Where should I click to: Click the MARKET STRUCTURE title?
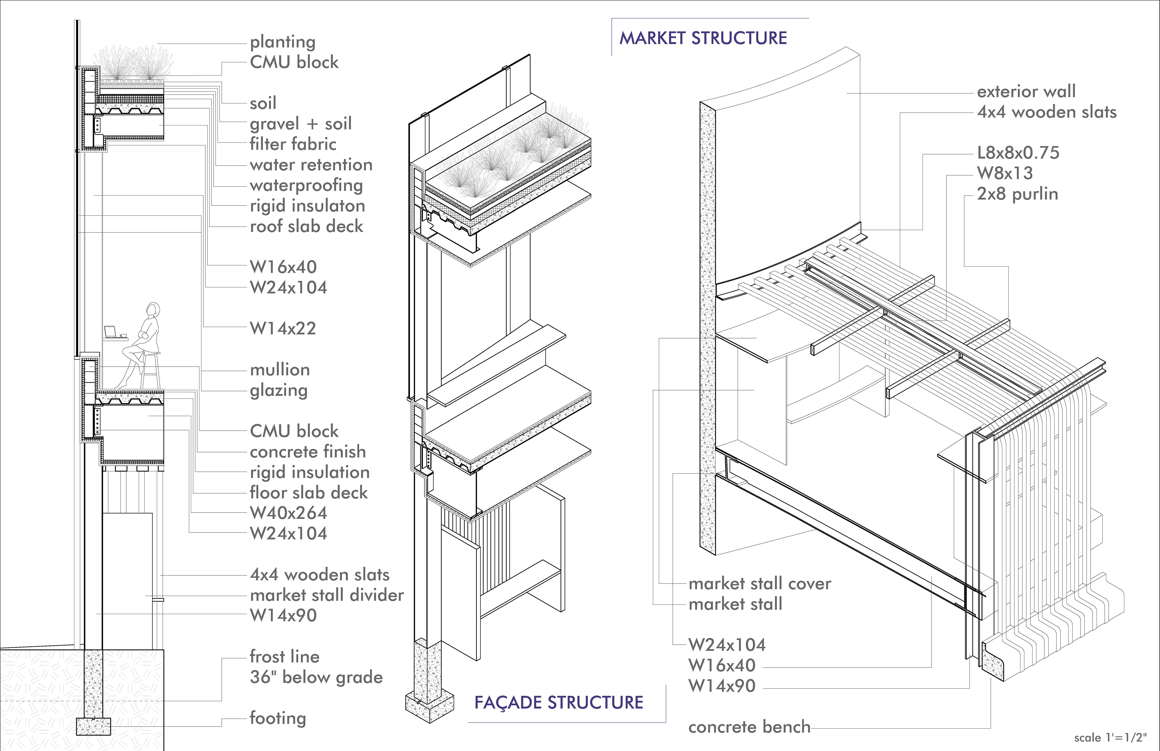click(x=703, y=38)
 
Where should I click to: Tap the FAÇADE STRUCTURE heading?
click(x=559, y=703)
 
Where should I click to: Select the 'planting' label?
click(x=283, y=42)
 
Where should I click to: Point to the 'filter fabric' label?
click(x=293, y=144)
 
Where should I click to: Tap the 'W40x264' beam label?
click(x=288, y=513)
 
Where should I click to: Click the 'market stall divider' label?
click(x=327, y=595)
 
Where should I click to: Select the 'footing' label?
click(x=278, y=718)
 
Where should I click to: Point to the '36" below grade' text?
click(x=316, y=677)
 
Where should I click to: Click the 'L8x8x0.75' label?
click(x=1018, y=153)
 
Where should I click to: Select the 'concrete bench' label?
click(x=749, y=727)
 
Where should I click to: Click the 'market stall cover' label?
click(x=759, y=584)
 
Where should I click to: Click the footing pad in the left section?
click(x=94, y=726)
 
